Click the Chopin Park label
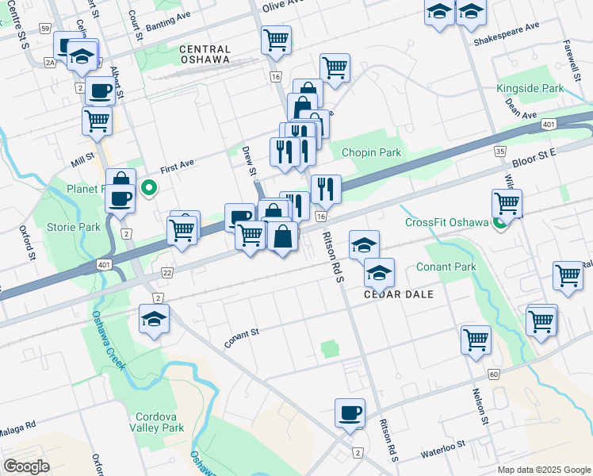click(371, 152)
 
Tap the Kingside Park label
click(529, 88)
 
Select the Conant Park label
click(446, 267)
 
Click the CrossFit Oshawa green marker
click(501, 222)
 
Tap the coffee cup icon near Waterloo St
click(350, 413)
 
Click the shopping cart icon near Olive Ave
click(276, 39)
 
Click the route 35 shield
click(499, 151)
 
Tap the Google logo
click(26, 466)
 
